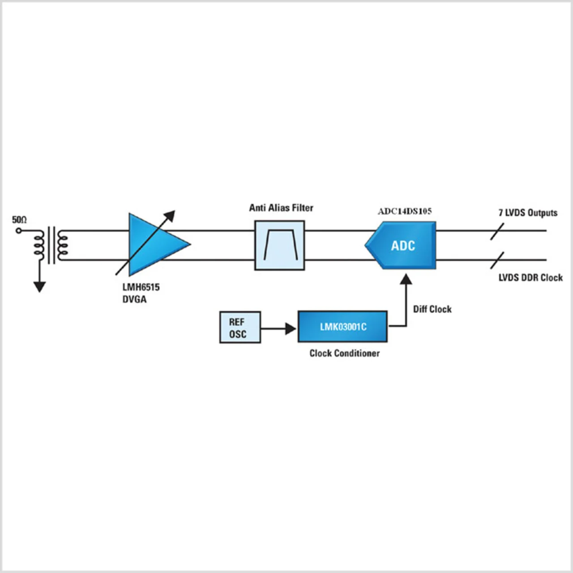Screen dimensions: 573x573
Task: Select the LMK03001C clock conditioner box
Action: point(342,327)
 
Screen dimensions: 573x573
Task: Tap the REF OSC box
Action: point(240,327)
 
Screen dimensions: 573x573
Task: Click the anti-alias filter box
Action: point(279,245)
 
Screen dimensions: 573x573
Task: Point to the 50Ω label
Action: point(19,220)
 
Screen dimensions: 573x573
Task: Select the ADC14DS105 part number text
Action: point(405,211)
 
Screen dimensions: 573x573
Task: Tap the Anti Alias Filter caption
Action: point(281,208)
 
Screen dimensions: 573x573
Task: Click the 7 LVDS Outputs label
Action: point(528,213)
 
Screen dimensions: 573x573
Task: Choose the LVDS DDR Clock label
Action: point(530,278)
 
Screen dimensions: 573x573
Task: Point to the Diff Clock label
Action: point(432,309)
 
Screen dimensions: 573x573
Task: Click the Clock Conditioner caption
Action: point(344,353)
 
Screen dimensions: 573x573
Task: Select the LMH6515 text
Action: point(141,287)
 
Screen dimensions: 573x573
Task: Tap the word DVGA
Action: point(134,299)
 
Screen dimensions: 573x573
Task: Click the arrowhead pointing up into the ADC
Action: point(406,279)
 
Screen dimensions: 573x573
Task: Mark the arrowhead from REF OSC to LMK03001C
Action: point(290,329)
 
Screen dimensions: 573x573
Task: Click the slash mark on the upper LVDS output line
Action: point(497,231)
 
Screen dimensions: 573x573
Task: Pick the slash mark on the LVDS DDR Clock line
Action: point(497,261)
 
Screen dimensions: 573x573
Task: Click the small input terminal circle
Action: point(19,231)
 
